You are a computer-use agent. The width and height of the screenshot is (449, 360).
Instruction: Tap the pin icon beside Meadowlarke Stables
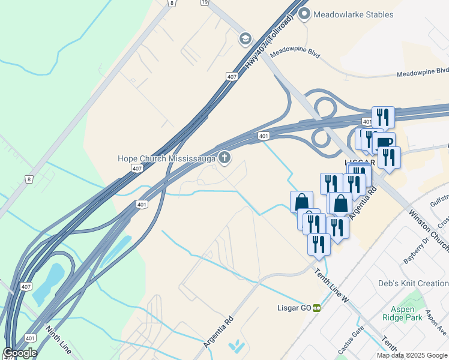(x=304, y=14)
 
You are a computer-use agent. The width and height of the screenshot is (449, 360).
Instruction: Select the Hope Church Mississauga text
(x=166, y=158)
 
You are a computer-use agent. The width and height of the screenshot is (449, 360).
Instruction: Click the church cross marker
(x=224, y=158)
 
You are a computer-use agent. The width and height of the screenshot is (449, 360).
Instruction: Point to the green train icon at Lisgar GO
(x=316, y=308)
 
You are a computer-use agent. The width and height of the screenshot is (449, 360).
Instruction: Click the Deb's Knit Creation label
(x=413, y=283)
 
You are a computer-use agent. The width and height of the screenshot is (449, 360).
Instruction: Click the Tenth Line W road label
(x=332, y=285)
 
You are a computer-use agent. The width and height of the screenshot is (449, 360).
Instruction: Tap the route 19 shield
(x=205, y=2)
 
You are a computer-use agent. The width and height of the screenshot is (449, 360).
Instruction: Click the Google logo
(x=20, y=353)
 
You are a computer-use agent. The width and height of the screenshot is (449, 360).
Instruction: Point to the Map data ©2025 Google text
(x=412, y=355)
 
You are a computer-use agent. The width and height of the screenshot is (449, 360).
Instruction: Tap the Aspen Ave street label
(x=436, y=323)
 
